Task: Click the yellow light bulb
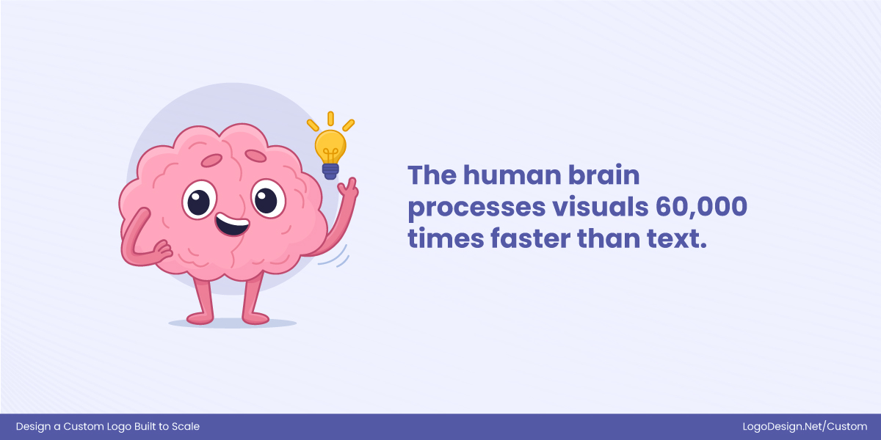330,145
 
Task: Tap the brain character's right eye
267,199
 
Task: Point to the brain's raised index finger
352,183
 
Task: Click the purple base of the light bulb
330,172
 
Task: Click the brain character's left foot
199,318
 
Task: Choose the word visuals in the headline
592,207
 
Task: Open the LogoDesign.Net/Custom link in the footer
805,427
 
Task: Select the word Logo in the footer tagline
120,427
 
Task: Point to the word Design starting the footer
34,427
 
